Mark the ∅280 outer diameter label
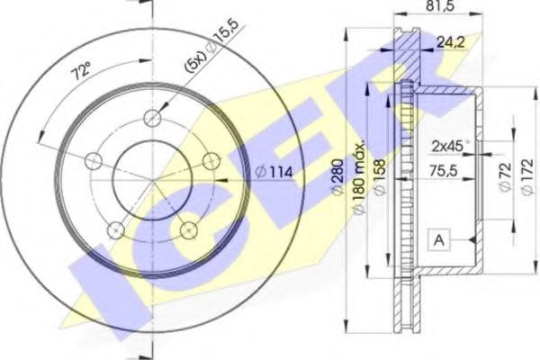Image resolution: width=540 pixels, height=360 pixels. [337, 179]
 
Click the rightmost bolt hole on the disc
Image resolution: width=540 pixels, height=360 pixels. [212, 160]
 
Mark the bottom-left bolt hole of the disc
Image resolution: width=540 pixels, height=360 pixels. [114, 230]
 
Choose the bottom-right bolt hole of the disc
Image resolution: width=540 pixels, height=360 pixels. [189, 230]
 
